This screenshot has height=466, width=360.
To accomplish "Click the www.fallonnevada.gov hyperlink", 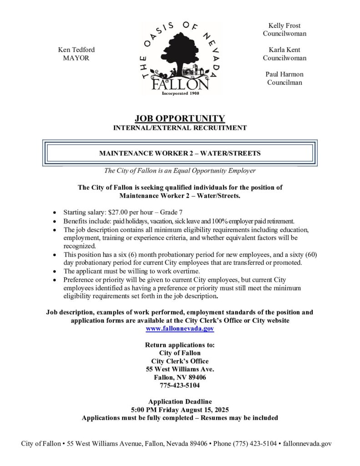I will (180, 328).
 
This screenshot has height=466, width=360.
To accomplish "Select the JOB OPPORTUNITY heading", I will (180, 119).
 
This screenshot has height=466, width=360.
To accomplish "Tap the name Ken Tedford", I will (76, 50).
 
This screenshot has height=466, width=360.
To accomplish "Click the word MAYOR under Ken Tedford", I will (76, 58).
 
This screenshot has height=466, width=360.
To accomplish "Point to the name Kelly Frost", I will (284, 25).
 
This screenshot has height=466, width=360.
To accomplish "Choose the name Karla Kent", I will (284, 50).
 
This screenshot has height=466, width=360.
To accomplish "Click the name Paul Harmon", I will (284, 74).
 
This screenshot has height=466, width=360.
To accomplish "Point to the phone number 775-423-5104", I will (180, 385).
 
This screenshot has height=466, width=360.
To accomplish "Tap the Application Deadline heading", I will (180, 401).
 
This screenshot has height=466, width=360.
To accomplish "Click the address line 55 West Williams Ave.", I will (180, 369).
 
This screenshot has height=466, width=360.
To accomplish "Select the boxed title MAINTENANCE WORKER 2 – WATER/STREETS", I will (180, 153).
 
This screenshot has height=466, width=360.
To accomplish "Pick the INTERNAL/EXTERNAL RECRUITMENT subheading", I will (180, 128).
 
